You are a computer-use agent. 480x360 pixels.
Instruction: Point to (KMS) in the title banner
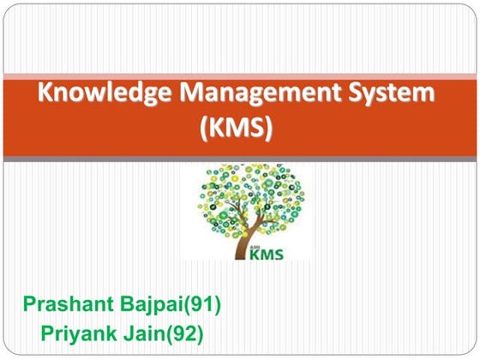pos(240,129)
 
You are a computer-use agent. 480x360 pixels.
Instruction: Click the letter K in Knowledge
pos(44,94)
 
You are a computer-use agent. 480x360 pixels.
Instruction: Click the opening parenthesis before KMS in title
pos(204,129)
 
